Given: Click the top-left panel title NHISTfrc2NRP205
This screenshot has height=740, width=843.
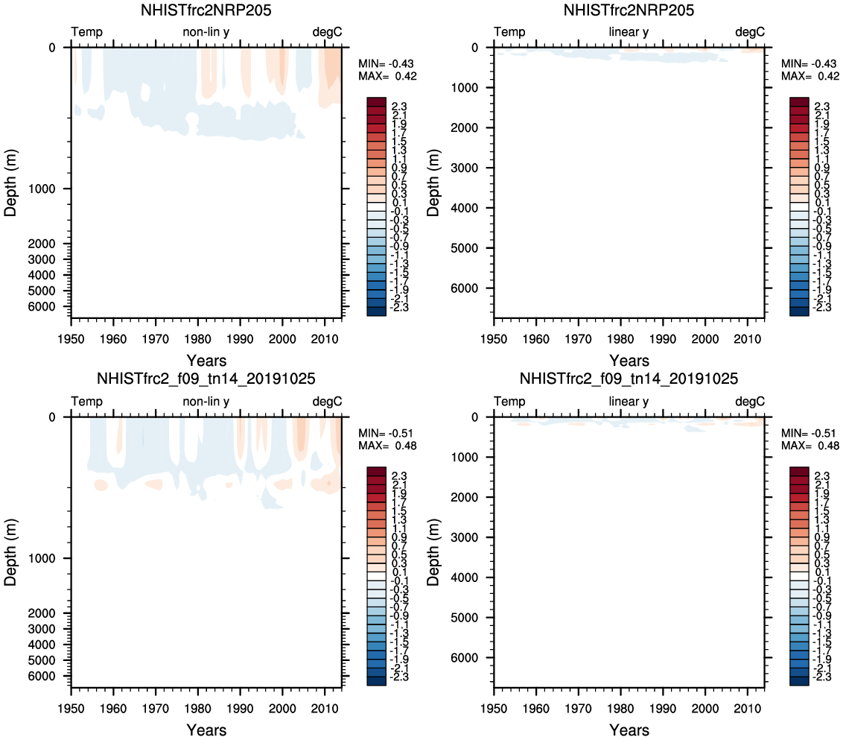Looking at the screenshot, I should click(x=206, y=10).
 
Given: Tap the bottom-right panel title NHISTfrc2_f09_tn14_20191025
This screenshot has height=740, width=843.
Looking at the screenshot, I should click(x=629, y=379).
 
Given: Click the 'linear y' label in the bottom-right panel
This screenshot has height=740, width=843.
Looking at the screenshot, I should click(x=629, y=402).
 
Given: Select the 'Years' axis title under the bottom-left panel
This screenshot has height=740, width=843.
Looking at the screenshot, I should click(x=206, y=730).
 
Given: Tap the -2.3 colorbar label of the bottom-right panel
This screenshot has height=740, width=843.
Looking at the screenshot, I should click(x=823, y=677).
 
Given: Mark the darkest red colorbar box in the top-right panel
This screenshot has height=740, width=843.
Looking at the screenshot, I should click(x=799, y=101).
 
